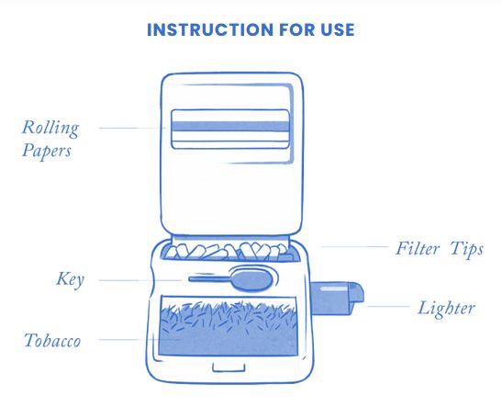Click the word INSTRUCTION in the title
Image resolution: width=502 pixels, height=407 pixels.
[x=210, y=29]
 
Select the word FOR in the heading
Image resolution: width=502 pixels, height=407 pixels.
[x=296, y=29]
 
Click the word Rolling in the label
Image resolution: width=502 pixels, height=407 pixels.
[x=50, y=129]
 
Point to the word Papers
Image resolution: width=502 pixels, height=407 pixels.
[x=47, y=151]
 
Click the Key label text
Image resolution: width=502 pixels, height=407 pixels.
[x=71, y=279]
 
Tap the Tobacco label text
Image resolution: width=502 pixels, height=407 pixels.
[x=52, y=340]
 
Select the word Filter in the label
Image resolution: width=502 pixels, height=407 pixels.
[x=418, y=248]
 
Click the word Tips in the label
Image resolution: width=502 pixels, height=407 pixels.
[x=466, y=249]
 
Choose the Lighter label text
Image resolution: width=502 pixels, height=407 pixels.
[x=446, y=309]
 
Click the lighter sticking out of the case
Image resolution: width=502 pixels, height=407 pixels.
[x=337, y=299]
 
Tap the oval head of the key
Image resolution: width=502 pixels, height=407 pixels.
[x=253, y=280]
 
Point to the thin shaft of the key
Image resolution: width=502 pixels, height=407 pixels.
[x=210, y=279]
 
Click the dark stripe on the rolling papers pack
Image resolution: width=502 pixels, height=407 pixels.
[x=230, y=126]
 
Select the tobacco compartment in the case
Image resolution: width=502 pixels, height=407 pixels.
[x=229, y=326]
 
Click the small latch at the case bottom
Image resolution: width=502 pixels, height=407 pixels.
[x=229, y=367]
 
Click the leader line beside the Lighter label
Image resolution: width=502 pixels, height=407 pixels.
[x=388, y=306]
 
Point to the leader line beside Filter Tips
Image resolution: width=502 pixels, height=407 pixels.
[x=355, y=247]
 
